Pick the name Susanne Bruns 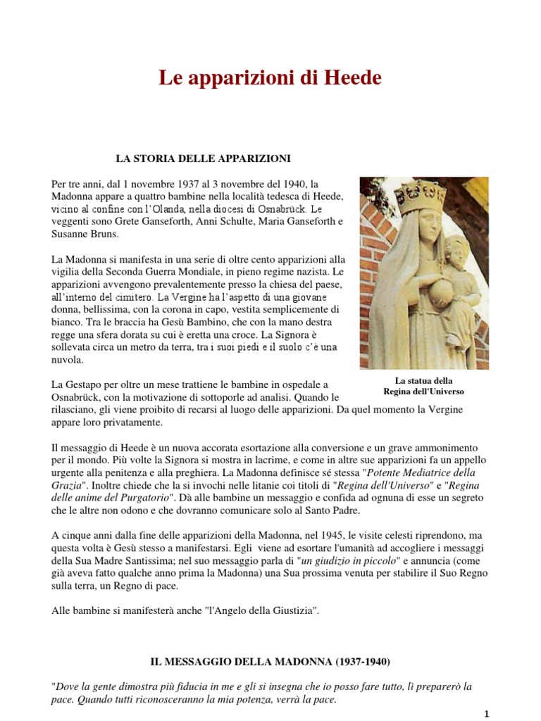tap(86, 234)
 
